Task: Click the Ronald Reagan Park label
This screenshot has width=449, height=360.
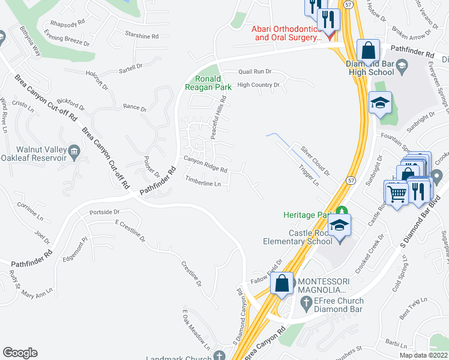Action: [x=214, y=83]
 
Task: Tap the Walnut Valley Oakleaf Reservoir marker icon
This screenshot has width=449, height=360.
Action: [x=74, y=149]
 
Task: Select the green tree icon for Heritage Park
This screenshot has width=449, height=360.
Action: [x=342, y=211]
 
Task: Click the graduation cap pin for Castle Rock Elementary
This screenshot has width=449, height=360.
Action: [x=340, y=225]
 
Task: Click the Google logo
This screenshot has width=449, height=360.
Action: [x=20, y=353]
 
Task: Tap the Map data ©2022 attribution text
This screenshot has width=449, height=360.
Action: [x=423, y=355]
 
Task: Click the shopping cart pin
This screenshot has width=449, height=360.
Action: [x=396, y=193]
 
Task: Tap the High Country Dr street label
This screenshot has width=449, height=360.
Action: [x=259, y=85]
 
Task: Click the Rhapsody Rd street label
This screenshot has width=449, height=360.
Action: [x=68, y=25]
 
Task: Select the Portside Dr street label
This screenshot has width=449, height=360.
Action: [x=104, y=212]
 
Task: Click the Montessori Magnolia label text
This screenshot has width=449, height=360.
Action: [x=328, y=286]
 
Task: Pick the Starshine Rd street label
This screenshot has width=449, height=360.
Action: [x=142, y=36]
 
